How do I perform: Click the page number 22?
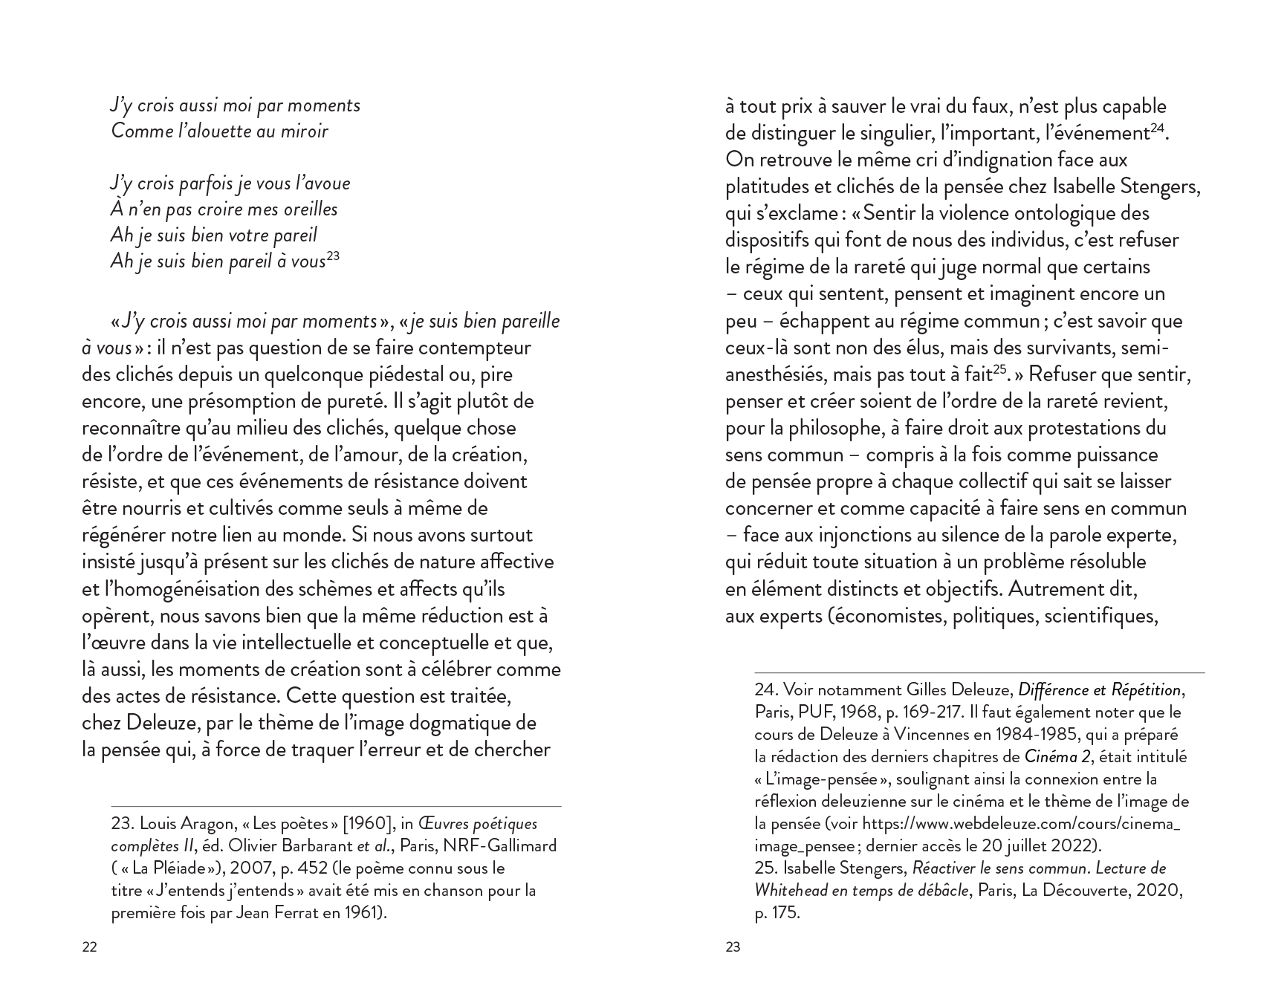pyautogui.click(x=89, y=947)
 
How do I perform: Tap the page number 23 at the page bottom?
pyautogui.click(x=733, y=947)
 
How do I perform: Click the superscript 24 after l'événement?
pyautogui.click(x=1157, y=129)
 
